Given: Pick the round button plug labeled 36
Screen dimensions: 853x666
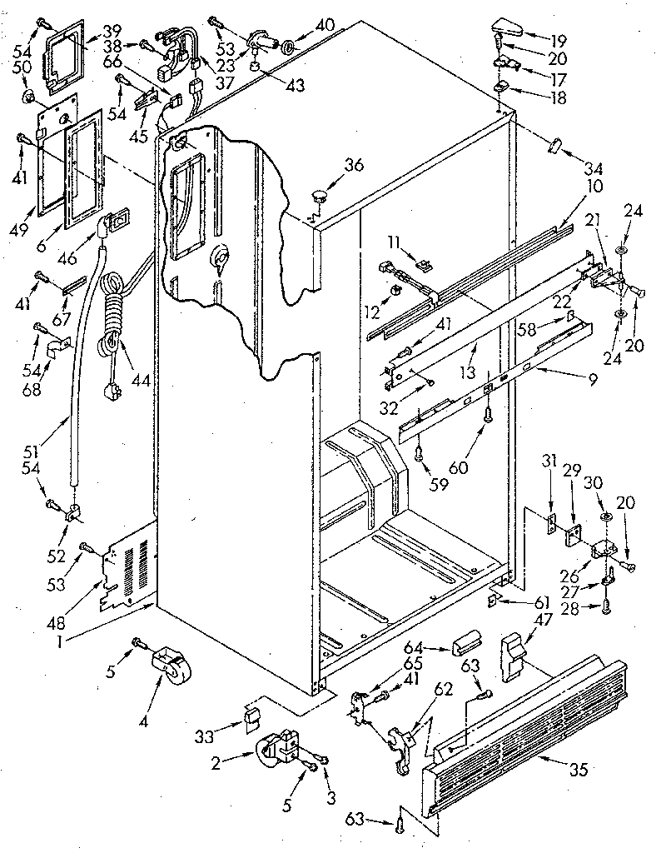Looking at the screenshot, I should (319, 197).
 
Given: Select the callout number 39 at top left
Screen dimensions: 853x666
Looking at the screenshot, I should (112, 32).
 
